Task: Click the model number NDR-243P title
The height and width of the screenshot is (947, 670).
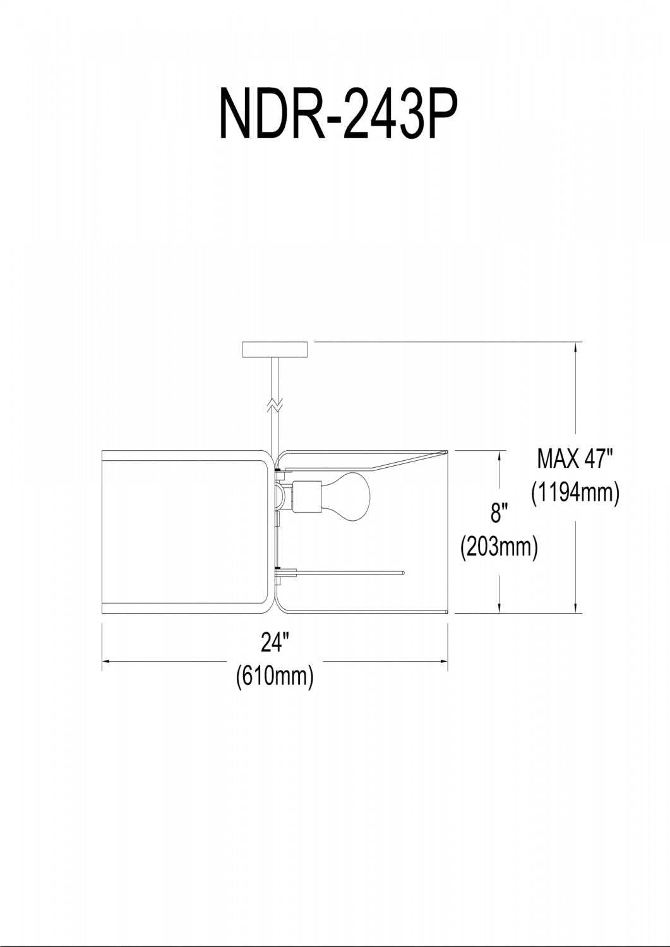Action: pos(338,114)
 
